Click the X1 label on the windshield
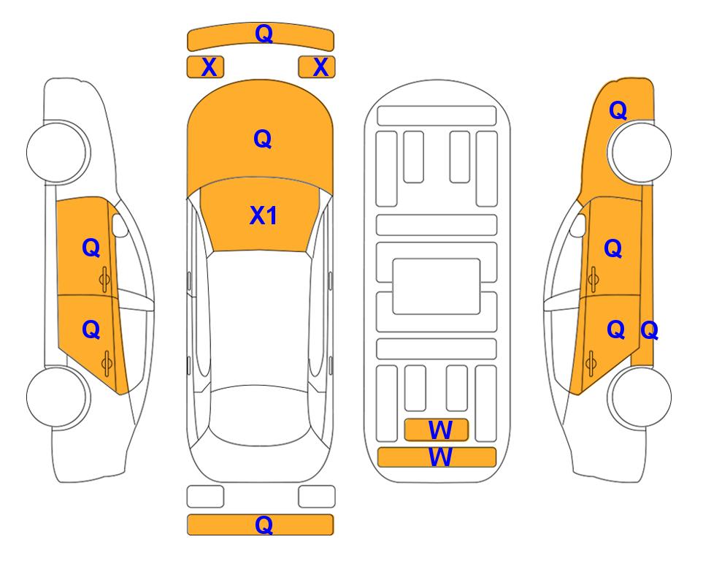point(264,215)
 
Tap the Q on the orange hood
point(263,139)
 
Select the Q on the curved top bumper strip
point(264,33)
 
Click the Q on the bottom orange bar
point(264,524)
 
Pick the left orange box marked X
point(205,67)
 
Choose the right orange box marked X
point(317,67)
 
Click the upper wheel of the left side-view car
point(57,152)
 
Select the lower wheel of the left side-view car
point(57,397)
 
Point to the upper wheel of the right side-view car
point(639,152)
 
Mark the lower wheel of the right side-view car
point(639,397)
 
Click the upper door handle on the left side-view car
point(104,279)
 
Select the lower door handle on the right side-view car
point(591,364)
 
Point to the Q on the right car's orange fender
point(618,110)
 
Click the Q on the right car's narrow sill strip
point(649,331)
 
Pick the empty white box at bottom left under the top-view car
point(205,497)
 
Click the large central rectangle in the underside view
point(437,286)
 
